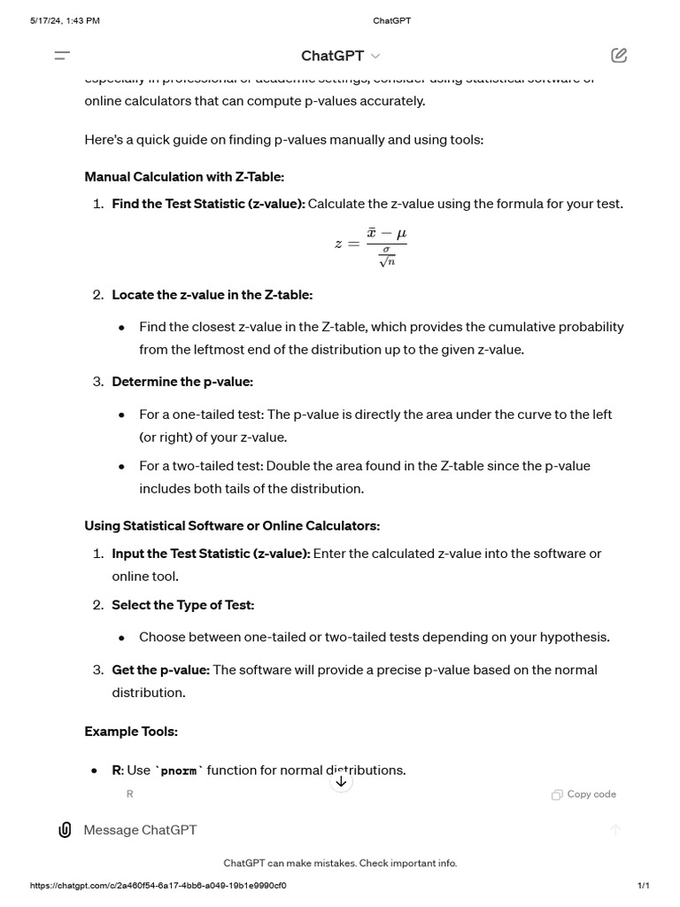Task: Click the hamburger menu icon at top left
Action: [x=62, y=56]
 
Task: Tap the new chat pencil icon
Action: [x=619, y=56]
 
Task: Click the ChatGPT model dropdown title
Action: [x=340, y=56]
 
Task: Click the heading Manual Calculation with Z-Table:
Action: [x=184, y=176]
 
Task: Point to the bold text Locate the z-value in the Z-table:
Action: [x=212, y=295]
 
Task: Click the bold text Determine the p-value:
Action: [x=182, y=382]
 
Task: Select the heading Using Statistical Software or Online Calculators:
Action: [x=232, y=525]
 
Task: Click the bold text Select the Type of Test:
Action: [x=182, y=605]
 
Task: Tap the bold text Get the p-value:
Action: [x=160, y=670]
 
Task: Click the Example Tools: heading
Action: [x=131, y=732]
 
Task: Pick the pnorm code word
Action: [x=179, y=771]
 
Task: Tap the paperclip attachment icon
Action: [x=65, y=830]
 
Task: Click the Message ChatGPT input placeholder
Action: [x=140, y=830]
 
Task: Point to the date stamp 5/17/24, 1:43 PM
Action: [x=65, y=20]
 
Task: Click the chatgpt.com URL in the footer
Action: [x=158, y=886]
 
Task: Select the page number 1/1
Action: [x=643, y=886]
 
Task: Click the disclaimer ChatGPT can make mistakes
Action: [x=340, y=863]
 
